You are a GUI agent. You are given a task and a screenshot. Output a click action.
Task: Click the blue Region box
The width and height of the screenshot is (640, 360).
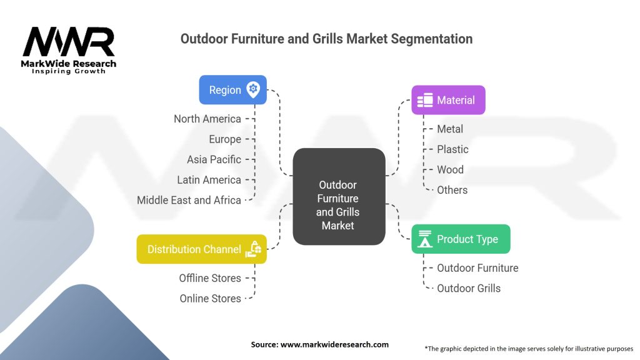click(232, 90)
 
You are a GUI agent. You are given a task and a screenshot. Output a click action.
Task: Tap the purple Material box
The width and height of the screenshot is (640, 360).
click(448, 100)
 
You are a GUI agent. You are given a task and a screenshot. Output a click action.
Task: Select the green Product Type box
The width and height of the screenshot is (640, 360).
click(461, 239)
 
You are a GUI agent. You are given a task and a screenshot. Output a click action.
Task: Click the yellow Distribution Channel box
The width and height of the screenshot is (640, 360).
click(201, 249)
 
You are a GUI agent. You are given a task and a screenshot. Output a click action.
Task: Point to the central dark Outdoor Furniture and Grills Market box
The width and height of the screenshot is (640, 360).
click(338, 196)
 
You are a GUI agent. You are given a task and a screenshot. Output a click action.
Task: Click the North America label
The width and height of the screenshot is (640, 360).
click(207, 119)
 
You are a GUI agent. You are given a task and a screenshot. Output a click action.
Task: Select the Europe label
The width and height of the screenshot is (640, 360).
click(225, 139)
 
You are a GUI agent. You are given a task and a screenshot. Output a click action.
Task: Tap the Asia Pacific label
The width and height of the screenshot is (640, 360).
click(214, 159)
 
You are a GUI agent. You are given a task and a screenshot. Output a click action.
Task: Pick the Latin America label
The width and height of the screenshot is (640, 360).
click(209, 180)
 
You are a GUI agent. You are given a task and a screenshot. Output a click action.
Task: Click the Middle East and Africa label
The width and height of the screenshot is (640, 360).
click(189, 200)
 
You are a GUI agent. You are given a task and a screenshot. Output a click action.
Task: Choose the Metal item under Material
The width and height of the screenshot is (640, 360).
click(450, 129)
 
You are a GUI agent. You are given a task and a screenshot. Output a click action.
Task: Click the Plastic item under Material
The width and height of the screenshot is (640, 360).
click(452, 149)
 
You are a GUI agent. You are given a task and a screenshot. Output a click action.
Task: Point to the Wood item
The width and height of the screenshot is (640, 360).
click(450, 169)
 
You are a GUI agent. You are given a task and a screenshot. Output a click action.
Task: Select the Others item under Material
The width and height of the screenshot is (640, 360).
click(452, 190)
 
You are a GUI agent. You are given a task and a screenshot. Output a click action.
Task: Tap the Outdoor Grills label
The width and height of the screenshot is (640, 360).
click(469, 288)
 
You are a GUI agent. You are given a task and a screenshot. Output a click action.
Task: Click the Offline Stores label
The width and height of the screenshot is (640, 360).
click(209, 278)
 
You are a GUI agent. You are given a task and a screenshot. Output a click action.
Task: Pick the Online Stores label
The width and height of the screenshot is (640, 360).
click(210, 299)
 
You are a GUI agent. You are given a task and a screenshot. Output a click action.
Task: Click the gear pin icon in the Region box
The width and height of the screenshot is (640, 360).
click(253, 89)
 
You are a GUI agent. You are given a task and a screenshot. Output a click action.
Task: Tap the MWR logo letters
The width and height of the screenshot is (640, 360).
click(69, 42)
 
